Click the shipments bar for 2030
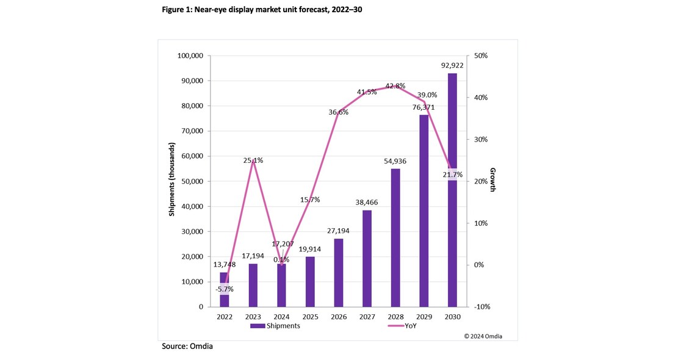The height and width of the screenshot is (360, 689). click(452, 195)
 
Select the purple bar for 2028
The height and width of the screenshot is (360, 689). click(395, 238)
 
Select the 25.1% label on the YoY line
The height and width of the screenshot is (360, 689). click(253, 160)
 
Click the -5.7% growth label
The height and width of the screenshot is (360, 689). click(224, 290)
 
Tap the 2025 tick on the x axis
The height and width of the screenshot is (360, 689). click(309, 317)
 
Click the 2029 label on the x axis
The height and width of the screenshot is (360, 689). click(424, 317)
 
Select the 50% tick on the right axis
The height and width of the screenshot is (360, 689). click(481, 56)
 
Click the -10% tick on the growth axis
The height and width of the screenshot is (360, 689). click(482, 307)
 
